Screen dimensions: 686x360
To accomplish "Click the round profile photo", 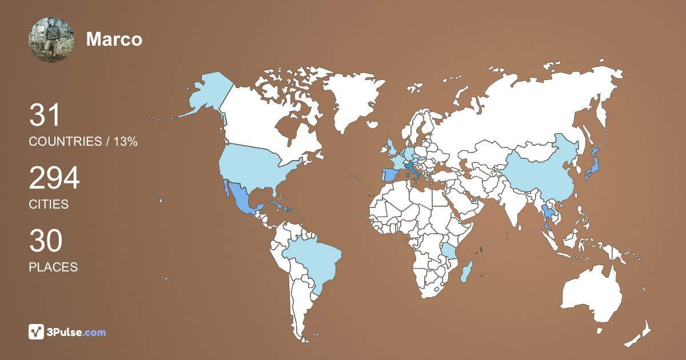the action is [51, 39].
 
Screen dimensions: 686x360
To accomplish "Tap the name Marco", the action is [114, 39].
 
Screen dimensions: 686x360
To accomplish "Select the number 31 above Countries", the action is [45, 115].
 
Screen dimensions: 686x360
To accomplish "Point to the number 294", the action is [54, 178].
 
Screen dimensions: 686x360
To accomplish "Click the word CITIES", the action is [49, 204].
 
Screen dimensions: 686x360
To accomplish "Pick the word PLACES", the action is [53, 267].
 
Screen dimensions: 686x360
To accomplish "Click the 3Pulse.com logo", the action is [67, 332].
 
